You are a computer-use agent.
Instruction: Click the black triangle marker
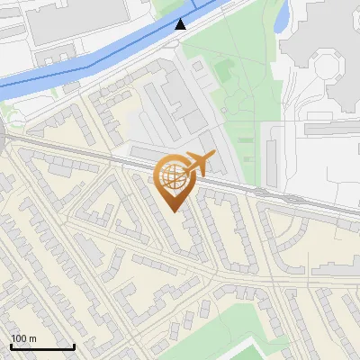[x=181, y=23]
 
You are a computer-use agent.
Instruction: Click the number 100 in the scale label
[x=19, y=338]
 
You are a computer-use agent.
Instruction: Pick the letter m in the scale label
[x=32, y=338]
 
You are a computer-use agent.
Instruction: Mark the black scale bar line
[x=42, y=347]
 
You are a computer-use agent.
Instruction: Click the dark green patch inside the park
[x=222, y=68]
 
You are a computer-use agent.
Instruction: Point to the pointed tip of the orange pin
[x=175, y=211]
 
